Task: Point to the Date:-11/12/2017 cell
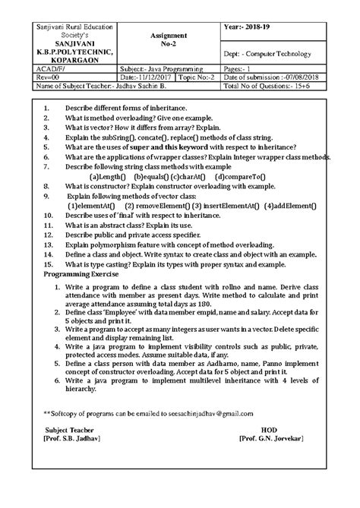pos(146,77)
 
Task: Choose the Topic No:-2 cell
pos(197,77)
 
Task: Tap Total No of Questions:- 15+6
pos(276,87)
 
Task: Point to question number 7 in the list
pos(46,166)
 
